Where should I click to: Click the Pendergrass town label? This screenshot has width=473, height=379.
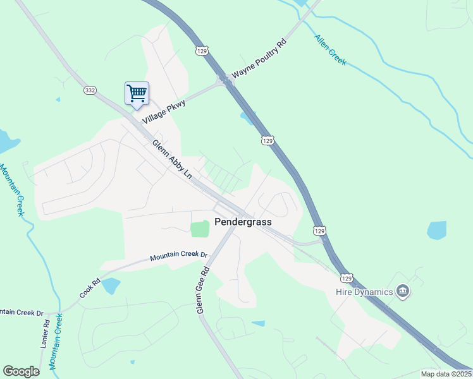click(242, 222)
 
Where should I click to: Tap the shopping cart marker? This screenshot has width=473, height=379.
click(137, 93)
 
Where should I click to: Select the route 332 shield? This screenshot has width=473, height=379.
click(90, 91)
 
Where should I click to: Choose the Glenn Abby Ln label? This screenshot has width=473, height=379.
click(171, 159)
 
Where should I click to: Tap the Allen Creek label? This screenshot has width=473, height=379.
click(330, 50)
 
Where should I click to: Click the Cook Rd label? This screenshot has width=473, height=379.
click(90, 289)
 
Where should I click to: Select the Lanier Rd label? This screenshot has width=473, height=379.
click(45, 334)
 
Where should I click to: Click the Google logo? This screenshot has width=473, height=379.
click(21, 371)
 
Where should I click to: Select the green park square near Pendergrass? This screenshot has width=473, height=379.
click(200, 229)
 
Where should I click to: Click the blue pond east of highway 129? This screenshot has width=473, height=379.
click(436, 230)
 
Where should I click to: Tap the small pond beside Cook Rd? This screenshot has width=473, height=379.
click(111, 286)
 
